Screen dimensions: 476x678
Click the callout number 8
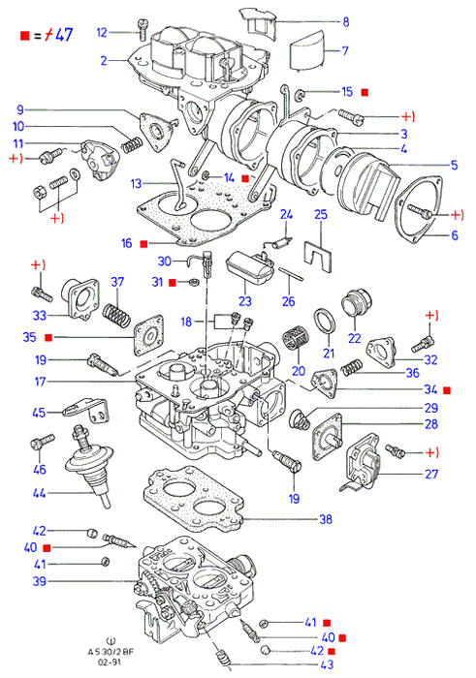(346, 21)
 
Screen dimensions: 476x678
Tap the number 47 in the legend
(65, 35)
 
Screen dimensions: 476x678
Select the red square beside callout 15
(365, 92)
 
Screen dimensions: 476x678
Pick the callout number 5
(454, 165)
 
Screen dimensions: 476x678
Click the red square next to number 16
(143, 244)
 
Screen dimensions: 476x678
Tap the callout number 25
(321, 215)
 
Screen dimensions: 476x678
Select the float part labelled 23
(250, 268)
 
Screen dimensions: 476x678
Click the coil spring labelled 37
(116, 316)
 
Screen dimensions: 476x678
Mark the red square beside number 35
(48, 337)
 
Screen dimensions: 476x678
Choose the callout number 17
(40, 382)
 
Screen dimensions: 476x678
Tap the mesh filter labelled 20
(295, 345)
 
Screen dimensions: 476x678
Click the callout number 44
(39, 492)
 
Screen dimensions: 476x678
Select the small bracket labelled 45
(86, 410)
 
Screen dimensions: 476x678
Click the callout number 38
(326, 519)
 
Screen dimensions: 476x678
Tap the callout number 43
(327, 664)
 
